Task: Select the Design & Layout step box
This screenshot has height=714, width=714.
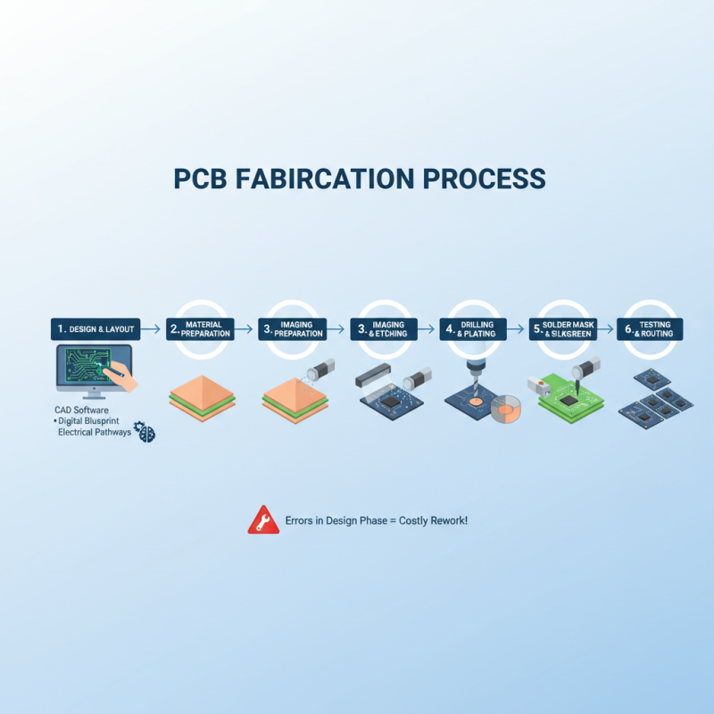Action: (x=96, y=329)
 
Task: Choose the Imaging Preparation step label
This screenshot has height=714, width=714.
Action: (x=293, y=329)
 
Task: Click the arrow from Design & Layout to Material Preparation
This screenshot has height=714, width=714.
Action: (x=154, y=329)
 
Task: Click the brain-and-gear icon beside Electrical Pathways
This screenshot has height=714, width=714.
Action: (x=144, y=432)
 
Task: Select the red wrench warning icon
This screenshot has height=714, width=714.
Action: (x=257, y=519)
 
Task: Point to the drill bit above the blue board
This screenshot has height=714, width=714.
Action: (x=476, y=374)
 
